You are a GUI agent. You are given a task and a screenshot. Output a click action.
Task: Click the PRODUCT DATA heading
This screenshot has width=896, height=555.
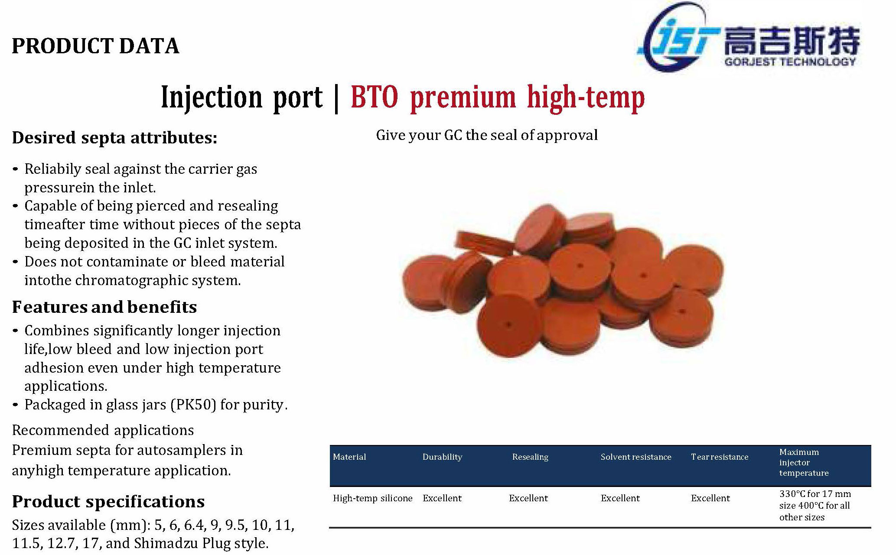point(95,46)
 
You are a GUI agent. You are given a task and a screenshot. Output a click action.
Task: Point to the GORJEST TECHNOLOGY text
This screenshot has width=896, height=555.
point(790,62)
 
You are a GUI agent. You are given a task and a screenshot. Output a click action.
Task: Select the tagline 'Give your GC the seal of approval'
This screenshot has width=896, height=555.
point(487,135)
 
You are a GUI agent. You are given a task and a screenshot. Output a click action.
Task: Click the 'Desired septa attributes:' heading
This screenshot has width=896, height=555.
point(114,138)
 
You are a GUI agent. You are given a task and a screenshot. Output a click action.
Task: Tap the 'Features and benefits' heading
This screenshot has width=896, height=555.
point(104,307)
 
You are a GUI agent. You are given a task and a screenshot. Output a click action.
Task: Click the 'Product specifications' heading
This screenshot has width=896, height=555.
point(108,502)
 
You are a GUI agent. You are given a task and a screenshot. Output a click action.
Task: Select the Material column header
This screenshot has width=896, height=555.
point(349,457)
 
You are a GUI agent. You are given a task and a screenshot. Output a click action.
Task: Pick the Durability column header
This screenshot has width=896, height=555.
point(442,457)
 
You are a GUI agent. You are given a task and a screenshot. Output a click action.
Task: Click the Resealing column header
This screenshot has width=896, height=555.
point(530,457)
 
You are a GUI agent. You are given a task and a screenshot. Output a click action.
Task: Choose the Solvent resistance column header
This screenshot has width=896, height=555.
point(636,457)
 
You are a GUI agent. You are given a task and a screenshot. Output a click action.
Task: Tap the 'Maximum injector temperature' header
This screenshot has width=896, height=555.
point(804,462)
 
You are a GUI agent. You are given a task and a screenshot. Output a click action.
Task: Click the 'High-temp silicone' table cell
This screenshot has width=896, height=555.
point(373,498)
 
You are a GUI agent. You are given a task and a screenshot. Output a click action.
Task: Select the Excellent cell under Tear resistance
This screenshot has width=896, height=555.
point(710,498)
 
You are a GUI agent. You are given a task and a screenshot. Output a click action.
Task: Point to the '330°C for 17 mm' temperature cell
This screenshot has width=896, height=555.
point(815,494)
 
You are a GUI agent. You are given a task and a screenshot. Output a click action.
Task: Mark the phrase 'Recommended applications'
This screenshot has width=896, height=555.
point(103,430)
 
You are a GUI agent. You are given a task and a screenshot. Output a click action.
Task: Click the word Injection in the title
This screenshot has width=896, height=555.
point(212,97)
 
